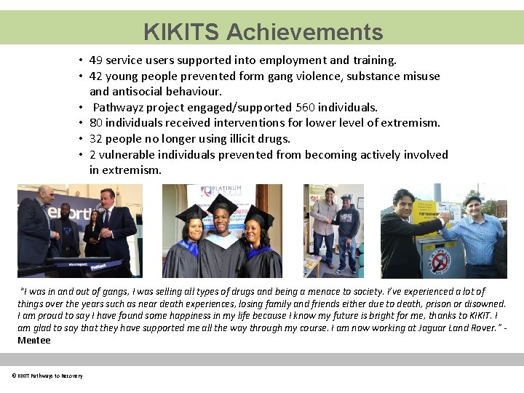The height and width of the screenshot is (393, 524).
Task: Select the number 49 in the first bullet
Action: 96,60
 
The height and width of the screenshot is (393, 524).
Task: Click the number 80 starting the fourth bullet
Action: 96,123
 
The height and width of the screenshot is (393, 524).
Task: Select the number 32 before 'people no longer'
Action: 96,138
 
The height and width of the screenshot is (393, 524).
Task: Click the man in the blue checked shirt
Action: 473,237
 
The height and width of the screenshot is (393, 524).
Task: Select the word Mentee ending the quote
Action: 34,340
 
